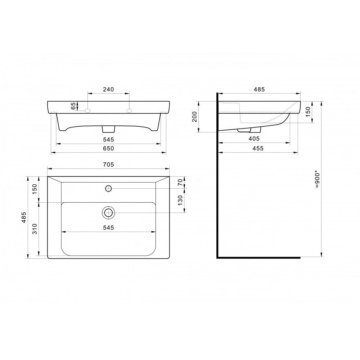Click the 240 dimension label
108,89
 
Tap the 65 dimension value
73,106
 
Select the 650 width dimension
108,148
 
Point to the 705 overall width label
108,165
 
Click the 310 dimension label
35,229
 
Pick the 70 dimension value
180,182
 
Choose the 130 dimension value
180,200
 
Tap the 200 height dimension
194,117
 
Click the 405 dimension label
254,139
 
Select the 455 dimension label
258,148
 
